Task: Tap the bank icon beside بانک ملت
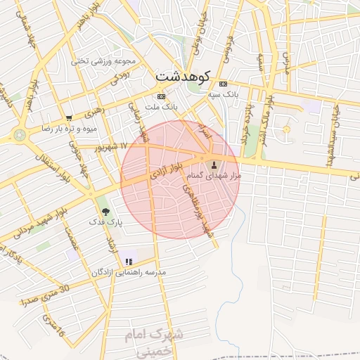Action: pyautogui.click(x=162, y=96)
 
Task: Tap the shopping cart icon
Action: pyautogui.click(x=68, y=118)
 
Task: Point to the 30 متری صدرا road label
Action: pyautogui.click(x=46, y=295)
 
